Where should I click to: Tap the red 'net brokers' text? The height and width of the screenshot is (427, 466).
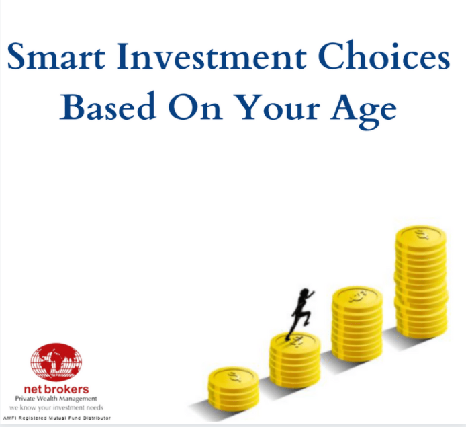56,389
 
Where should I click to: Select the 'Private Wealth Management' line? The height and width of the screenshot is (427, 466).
56,399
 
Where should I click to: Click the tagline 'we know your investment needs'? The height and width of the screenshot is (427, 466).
56,407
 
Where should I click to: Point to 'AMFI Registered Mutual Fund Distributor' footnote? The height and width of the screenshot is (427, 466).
57,418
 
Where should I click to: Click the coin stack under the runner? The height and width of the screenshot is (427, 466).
295,360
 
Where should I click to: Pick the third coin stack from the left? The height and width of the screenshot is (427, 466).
357,326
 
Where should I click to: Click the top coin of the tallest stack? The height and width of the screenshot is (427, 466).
420,235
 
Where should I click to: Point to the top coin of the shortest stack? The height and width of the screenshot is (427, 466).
232,374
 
